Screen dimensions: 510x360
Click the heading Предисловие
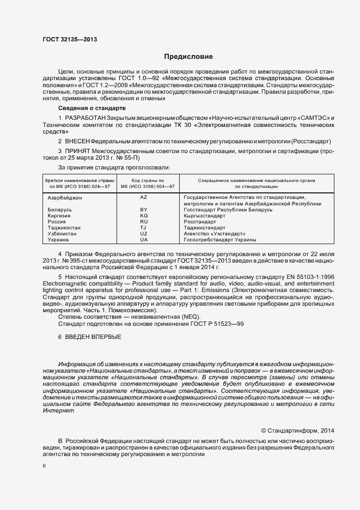pyautogui.click(x=188, y=57)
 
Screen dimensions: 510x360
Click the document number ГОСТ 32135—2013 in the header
pyautogui.click(x=70, y=39)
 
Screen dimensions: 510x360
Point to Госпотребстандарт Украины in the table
pyautogui.click(x=220, y=240)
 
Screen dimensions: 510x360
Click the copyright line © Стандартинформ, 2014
pyautogui.click(x=297, y=430)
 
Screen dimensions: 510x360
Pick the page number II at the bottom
pyautogui.click(x=44, y=466)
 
